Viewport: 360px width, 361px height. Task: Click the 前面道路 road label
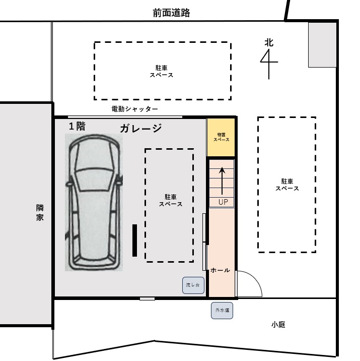click(171, 13)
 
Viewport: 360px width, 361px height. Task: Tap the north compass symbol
click(269, 64)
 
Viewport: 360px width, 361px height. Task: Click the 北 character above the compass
click(269, 42)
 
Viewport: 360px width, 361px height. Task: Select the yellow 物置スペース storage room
click(221, 138)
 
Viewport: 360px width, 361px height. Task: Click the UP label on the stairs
click(223, 202)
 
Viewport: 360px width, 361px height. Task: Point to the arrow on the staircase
click(222, 181)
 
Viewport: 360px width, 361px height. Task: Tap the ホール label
click(220, 270)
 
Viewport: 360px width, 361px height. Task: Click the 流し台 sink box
click(193, 285)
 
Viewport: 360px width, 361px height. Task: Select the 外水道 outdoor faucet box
click(222, 311)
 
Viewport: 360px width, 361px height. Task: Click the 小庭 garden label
click(278, 325)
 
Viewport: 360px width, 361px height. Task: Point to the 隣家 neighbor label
click(40, 212)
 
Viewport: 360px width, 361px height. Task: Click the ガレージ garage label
click(140, 128)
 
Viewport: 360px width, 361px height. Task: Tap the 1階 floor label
click(77, 126)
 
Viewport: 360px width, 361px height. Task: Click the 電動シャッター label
click(135, 109)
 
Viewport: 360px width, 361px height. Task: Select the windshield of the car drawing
click(94, 179)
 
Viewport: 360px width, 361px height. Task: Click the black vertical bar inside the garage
click(135, 240)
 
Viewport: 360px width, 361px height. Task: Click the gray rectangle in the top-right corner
click(322, 45)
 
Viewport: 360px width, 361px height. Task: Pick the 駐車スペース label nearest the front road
click(162, 72)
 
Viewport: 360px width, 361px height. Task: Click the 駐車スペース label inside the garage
click(171, 201)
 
